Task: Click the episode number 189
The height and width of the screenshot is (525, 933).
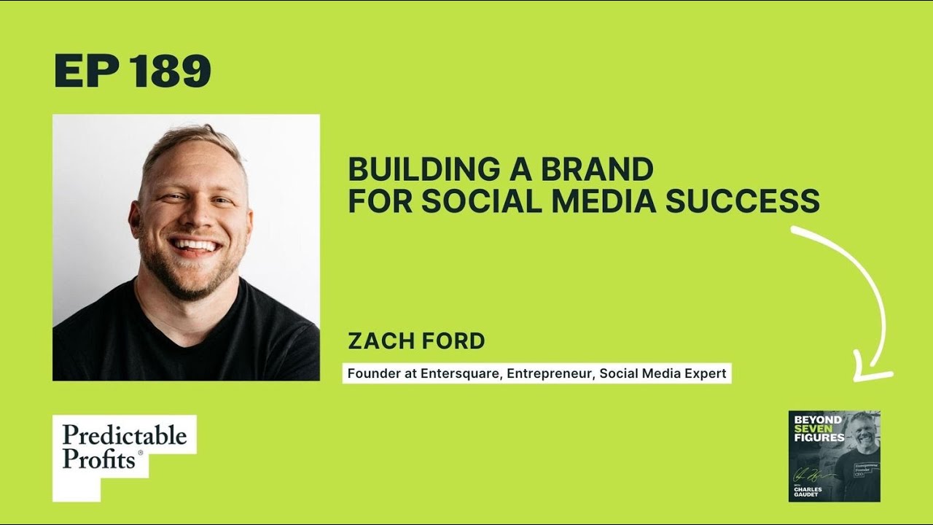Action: coord(171,71)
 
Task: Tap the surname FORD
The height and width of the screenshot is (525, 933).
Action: coord(455,341)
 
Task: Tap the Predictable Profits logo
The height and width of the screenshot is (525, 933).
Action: coord(124,446)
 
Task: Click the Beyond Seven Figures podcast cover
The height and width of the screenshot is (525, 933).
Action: coord(834,456)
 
